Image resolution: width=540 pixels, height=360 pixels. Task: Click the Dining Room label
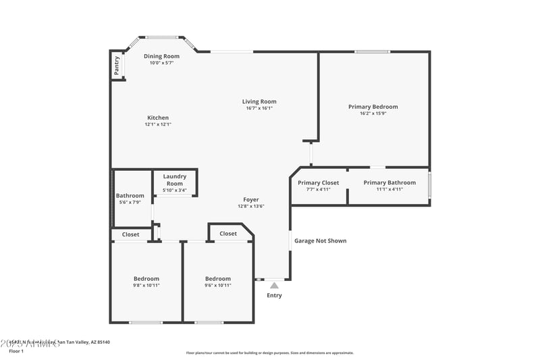coord(161,56)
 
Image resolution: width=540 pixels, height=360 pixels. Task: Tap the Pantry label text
coord(117,65)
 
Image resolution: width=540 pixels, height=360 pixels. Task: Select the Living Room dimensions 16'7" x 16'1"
coord(259,108)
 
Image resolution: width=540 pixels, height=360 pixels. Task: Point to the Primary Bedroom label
coord(373,106)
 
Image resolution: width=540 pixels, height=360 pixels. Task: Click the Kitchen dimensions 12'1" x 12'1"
coord(158,124)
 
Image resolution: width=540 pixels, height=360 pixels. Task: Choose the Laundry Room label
coord(174,180)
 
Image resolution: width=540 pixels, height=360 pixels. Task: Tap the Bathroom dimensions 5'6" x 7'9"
coord(130,203)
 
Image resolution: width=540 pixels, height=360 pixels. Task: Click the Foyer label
coord(251,199)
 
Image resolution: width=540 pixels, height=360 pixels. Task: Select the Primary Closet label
coord(318,182)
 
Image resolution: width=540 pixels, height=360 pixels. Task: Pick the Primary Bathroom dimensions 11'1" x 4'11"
coord(389,190)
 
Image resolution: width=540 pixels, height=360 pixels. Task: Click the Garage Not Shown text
coord(320,240)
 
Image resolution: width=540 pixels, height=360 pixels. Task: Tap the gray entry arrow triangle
coord(274,286)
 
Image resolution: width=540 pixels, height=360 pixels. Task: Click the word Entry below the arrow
coord(274,295)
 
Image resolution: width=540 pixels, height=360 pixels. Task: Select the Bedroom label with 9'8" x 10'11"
coord(146,278)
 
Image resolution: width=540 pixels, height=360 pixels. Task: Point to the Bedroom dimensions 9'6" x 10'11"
coord(217,286)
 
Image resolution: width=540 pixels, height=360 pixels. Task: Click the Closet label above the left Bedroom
coord(130,234)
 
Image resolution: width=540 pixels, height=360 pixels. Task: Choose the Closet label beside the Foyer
coord(228,234)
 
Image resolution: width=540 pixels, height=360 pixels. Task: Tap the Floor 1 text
coord(16,351)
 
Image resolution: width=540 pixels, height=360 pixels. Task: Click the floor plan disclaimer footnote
coord(269,353)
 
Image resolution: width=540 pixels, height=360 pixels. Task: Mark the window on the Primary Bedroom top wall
coord(372,52)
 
